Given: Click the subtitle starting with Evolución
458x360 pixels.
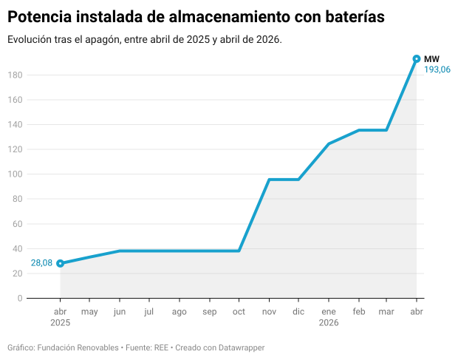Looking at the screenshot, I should [145, 39].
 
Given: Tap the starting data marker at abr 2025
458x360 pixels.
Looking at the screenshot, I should [60, 263].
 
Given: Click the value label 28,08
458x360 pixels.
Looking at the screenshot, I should [41, 263].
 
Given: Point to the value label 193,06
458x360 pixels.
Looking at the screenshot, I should [437, 69].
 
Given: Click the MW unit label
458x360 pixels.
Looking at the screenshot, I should [431, 58].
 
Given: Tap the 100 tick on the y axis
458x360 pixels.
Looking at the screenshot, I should [15, 174].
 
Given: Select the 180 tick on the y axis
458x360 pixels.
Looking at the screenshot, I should [15, 75].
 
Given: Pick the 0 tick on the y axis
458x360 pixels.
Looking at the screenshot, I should [20, 299].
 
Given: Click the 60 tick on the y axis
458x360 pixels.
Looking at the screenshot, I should [17, 224].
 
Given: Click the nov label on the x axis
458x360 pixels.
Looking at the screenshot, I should [268, 312].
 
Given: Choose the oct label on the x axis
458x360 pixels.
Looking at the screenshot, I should [239, 312].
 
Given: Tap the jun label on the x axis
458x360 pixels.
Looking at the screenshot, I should [120, 312].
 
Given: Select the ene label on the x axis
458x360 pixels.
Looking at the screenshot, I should [328, 312].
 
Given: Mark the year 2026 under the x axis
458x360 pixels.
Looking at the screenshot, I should [328, 323].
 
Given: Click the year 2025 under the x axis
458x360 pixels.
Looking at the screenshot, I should [60, 323].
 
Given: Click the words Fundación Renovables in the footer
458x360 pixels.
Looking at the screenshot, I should [78, 347].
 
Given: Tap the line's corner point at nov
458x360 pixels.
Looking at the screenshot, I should [269, 180].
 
